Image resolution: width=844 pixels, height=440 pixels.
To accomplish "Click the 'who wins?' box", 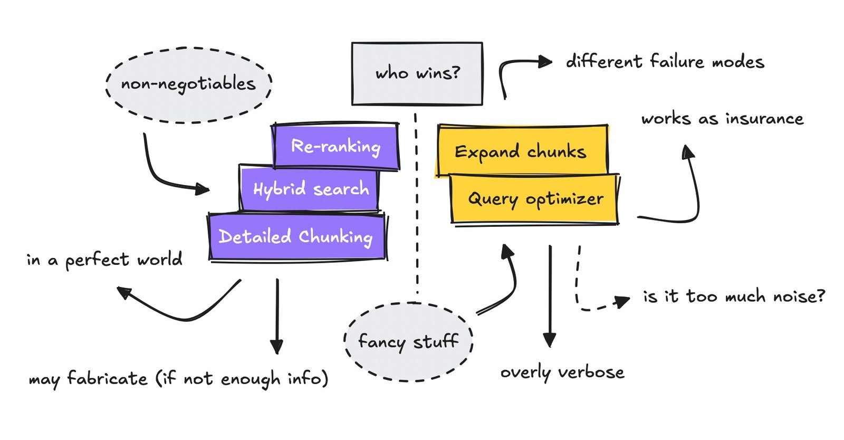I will [417, 73].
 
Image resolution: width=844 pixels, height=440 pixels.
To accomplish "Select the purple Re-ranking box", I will [335, 146].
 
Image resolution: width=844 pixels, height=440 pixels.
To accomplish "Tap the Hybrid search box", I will [310, 188].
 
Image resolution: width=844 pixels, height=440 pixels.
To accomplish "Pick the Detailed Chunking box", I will [296, 236].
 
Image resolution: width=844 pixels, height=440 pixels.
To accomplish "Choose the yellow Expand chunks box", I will [521, 151].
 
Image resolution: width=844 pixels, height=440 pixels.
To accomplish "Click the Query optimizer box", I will [535, 199].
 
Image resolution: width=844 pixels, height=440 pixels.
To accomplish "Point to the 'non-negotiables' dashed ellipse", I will [188, 84].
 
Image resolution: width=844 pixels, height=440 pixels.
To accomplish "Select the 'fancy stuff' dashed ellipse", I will [408, 341].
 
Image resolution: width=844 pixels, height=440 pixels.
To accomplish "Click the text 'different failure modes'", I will [665, 62].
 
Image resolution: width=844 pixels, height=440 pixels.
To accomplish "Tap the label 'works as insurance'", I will [722, 119].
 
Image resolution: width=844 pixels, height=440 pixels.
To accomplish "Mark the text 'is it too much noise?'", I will [733, 296].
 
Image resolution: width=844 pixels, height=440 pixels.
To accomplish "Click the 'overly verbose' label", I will [562, 372].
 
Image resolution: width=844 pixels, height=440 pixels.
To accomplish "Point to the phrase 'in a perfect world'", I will [104, 260].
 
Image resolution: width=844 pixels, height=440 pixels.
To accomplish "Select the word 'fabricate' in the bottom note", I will [107, 379].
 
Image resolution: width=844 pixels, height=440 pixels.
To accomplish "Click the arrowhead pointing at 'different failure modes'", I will [545, 62].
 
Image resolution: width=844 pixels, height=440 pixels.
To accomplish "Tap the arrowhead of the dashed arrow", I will [623, 302].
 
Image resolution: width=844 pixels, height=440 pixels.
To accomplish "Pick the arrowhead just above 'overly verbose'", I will [550, 340].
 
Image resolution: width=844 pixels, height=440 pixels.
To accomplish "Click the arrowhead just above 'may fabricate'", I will [277, 347].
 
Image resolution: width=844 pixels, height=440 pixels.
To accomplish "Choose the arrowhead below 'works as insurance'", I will [688, 152].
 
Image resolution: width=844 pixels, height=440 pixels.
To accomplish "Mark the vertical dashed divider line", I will [417, 211].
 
